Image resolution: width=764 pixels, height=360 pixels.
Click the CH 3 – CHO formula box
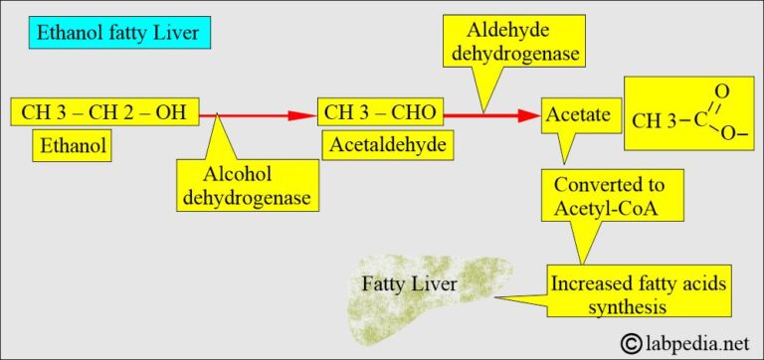point(378,111)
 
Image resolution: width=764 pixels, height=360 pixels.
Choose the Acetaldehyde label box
point(385,145)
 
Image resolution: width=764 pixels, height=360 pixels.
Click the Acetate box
point(577,115)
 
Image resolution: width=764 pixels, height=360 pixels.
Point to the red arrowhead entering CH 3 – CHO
point(304,114)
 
